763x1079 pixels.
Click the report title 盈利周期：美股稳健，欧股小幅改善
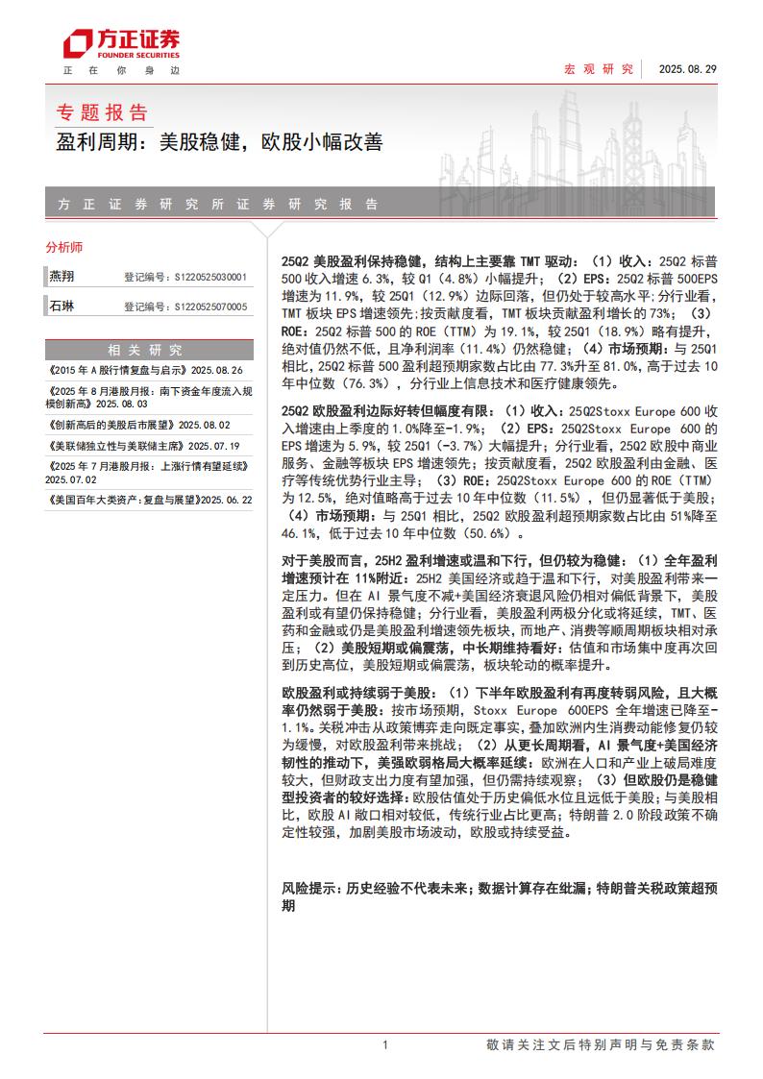click(219, 143)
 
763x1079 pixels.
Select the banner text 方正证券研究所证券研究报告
click(218, 205)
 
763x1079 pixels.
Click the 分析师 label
click(64, 247)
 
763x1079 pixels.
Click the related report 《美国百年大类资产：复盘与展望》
click(149, 500)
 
